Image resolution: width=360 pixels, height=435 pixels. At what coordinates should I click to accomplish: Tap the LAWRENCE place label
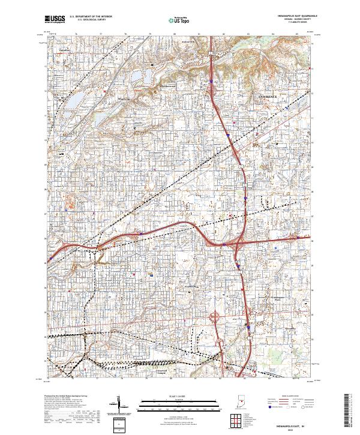click(269, 96)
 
